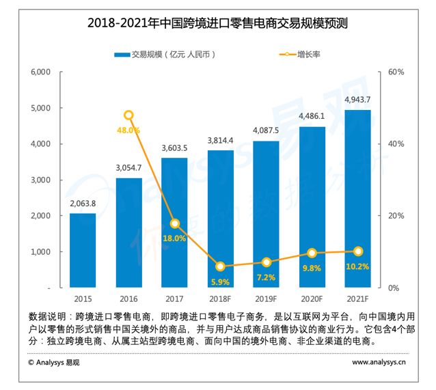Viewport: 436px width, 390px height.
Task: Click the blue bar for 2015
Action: click(x=83, y=250)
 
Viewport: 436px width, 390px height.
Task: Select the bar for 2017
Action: click(x=174, y=223)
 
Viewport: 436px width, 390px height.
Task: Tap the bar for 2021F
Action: click(x=357, y=199)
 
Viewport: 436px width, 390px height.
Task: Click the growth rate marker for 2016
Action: click(x=128, y=115)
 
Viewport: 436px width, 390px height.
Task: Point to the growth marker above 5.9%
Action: click(x=220, y=266)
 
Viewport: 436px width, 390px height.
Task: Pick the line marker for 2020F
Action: click(x=312, y=253)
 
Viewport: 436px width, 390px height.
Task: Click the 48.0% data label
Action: click(x=128, y=130)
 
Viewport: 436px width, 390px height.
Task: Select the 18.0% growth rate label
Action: click(x=174, y=238)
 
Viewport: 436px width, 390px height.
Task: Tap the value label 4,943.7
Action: click(x=357, y=100)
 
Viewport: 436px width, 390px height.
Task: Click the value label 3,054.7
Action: click(x=128, y=167)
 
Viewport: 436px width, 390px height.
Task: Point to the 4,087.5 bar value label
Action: click(x=266, y=130)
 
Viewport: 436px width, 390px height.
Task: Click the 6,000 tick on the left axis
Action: click(x=40, y=72)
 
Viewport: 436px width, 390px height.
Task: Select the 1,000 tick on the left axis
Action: click(x=40, y=252)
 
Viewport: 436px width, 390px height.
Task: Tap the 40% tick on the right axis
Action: click(x=396, y=144)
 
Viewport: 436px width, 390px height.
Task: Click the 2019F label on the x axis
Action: click(x=266, y=299)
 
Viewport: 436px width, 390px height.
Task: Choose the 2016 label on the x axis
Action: click(x=128, y=299)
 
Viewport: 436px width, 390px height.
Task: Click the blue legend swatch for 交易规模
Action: click(x=122, y=55)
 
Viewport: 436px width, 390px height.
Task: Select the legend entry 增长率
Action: click(x=300, y=54)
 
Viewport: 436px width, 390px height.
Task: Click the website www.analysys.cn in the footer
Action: click(x=379, y=362)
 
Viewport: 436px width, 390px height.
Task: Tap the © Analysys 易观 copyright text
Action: click(x=54, y=363)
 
